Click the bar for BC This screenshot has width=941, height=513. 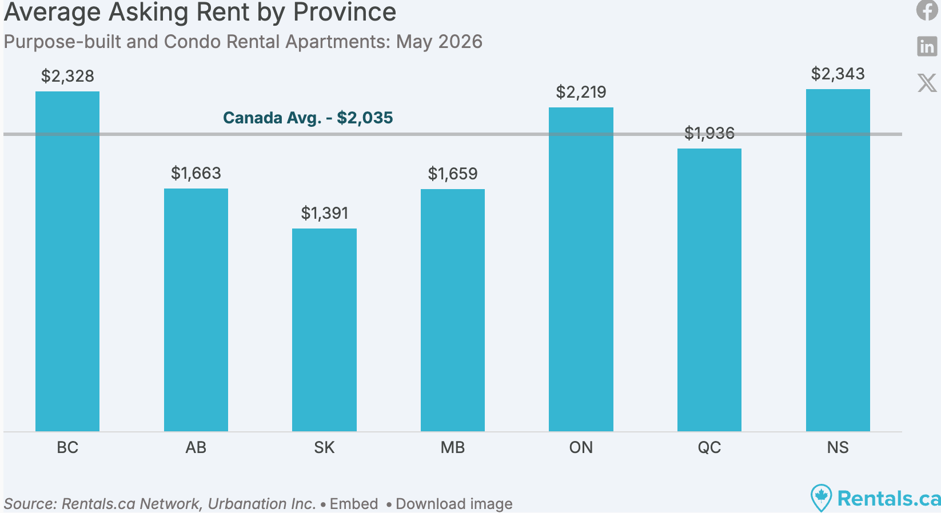coord(67,261)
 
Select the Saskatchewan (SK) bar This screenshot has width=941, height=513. coord(324,330)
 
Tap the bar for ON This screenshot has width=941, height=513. coord(581,269)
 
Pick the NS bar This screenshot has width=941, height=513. coord(838,260)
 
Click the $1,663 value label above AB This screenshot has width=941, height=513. coord(196,173)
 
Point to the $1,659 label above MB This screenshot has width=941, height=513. coord(453,173)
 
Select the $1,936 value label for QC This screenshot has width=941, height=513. coord(709,133)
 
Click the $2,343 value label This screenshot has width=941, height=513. coord(838,74)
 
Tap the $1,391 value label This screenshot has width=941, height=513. coord(324,213)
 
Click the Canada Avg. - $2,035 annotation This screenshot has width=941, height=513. coord(308,118)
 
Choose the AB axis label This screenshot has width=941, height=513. coord(196,447)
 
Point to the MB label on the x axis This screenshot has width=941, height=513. coord(453,447)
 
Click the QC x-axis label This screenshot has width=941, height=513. coord(709,447)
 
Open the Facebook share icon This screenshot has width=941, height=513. coord(927,10)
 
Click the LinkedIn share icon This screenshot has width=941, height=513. coord(927,46)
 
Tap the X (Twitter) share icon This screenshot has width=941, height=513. coord(927,83)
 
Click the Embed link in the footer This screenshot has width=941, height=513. coord(354,504)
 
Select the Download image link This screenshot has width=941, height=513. coord(454,504)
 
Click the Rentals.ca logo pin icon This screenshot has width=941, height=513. coord(821,498)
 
